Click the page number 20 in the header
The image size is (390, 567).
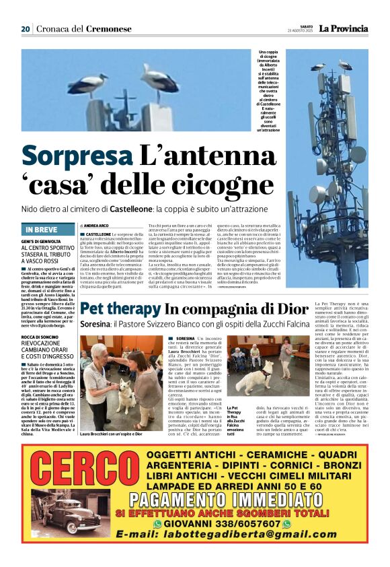click(26, 29)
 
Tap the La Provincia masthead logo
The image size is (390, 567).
click(343, 28)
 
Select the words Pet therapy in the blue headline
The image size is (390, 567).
click(120, 310)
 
